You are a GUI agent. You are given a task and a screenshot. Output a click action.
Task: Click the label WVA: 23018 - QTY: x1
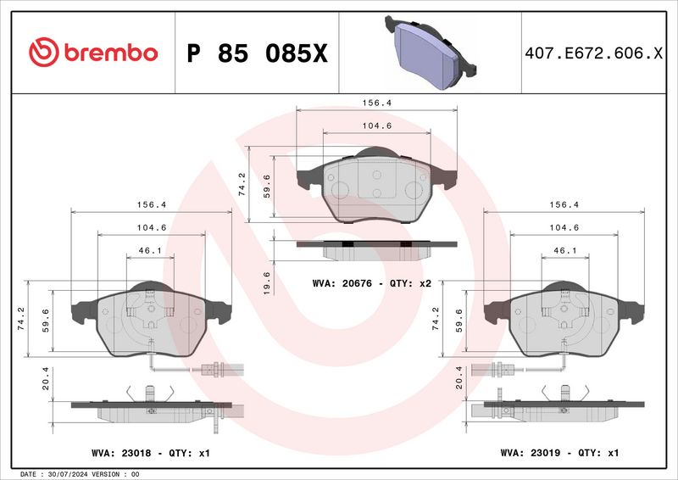click(150, 454)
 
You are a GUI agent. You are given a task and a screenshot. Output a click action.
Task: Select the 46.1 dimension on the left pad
click(151, 251)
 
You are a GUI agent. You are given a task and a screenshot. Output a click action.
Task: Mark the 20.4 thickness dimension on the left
click(36, 378)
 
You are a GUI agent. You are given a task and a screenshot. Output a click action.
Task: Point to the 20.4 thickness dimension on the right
click(459, 378)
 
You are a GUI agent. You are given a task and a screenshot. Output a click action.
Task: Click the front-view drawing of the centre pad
click(376, 185)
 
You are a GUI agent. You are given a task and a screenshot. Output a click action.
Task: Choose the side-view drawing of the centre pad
click(376, 248)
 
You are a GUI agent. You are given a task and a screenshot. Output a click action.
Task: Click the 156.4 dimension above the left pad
click(151, 204)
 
